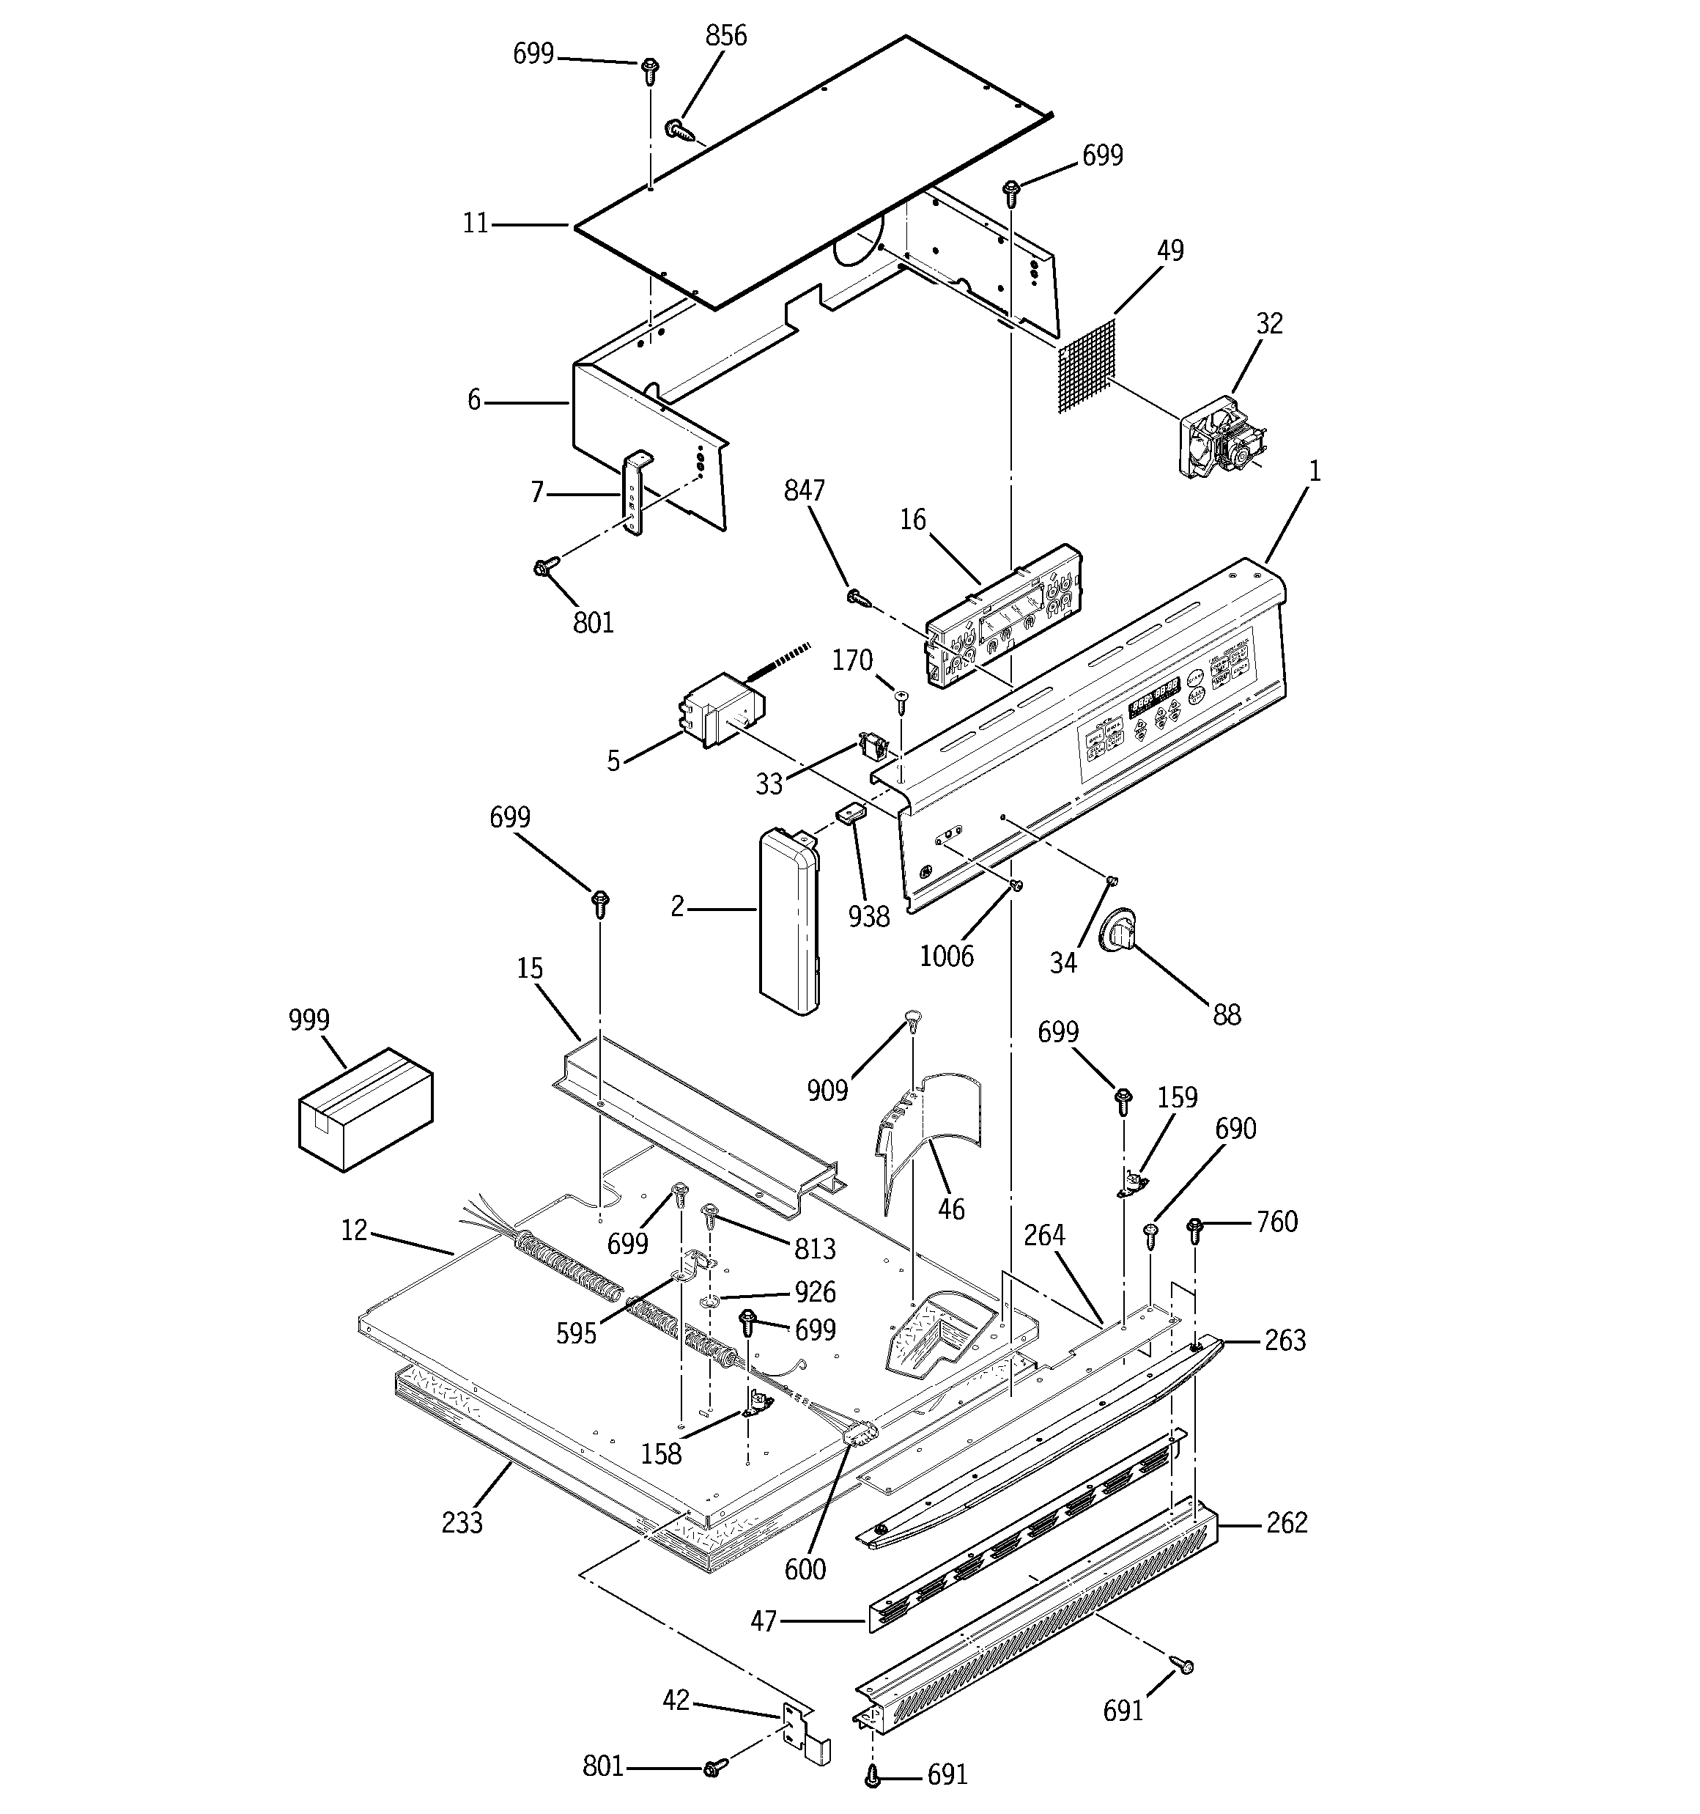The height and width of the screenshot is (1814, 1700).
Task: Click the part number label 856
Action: pos(725,36)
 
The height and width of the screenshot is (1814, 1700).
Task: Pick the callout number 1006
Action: pos(946,956)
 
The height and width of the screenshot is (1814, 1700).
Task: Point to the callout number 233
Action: pos(462,1523)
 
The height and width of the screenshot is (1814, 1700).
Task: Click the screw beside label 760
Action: pos(1194,1230)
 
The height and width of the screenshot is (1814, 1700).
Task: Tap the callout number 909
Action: pos(827,1089)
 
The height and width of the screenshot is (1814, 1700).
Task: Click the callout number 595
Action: pos(576,1334)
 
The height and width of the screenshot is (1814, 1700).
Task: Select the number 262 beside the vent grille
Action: pos(1287,1523)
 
